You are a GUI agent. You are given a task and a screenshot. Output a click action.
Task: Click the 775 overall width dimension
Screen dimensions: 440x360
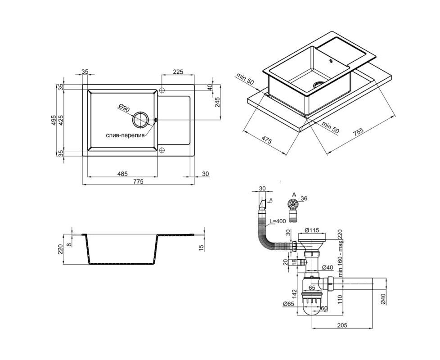[x=138, y=181]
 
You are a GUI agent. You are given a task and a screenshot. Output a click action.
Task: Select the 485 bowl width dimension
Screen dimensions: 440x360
[x=122, y=174]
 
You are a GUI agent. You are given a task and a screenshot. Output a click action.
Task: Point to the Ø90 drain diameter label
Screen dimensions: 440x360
[x=124, y=108]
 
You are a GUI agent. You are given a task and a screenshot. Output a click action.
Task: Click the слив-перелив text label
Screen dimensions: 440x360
[x=125, y=135]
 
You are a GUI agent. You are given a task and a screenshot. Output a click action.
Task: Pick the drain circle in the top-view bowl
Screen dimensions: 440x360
[x=140, y=120]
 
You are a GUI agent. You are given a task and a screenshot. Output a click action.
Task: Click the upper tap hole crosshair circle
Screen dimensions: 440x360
[x=162, y=90]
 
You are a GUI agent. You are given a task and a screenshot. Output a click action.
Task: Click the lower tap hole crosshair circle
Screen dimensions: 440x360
[x=162, y=150]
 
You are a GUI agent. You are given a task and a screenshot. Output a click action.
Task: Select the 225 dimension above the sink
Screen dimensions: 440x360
[x=178, y=72]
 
